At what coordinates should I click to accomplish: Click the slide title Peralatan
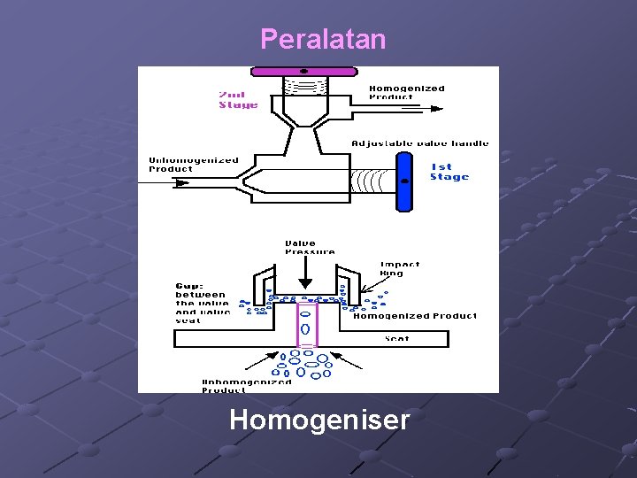click(x=323, y=40)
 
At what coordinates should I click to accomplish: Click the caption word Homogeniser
click(x=319, y=419)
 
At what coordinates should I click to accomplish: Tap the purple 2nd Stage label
click(x=238, y=100)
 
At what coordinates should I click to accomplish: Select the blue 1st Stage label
click(x=449, y=172)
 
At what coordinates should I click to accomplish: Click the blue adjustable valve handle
click(x=404, y=181)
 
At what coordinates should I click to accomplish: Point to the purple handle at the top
click(x=303, y=71)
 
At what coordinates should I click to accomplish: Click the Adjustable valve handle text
click(x=419, y=143)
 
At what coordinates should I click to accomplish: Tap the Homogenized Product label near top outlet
click(x=406, y=92)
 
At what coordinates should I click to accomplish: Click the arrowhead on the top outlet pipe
click(x=437, y=109)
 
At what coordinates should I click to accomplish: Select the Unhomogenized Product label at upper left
click(x=194, y=165)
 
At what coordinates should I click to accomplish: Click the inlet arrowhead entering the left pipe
click(x=183, y=183)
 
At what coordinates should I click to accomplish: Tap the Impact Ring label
click(x=399, y=268)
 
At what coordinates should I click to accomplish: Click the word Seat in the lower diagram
click(x=397, y=338)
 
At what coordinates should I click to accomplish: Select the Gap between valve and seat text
click(x=202, y=303)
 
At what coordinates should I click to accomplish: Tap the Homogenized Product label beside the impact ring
click(x=414, y=316)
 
